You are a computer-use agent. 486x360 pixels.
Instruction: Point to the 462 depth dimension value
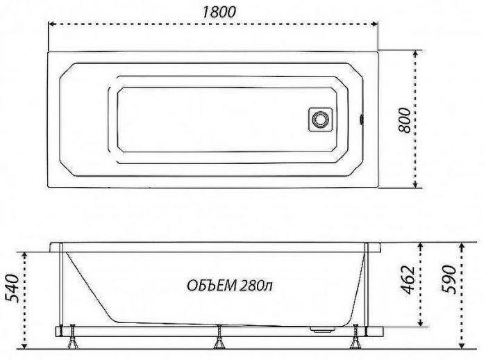(410, 279)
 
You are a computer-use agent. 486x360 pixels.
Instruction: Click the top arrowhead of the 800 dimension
(417, 53)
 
